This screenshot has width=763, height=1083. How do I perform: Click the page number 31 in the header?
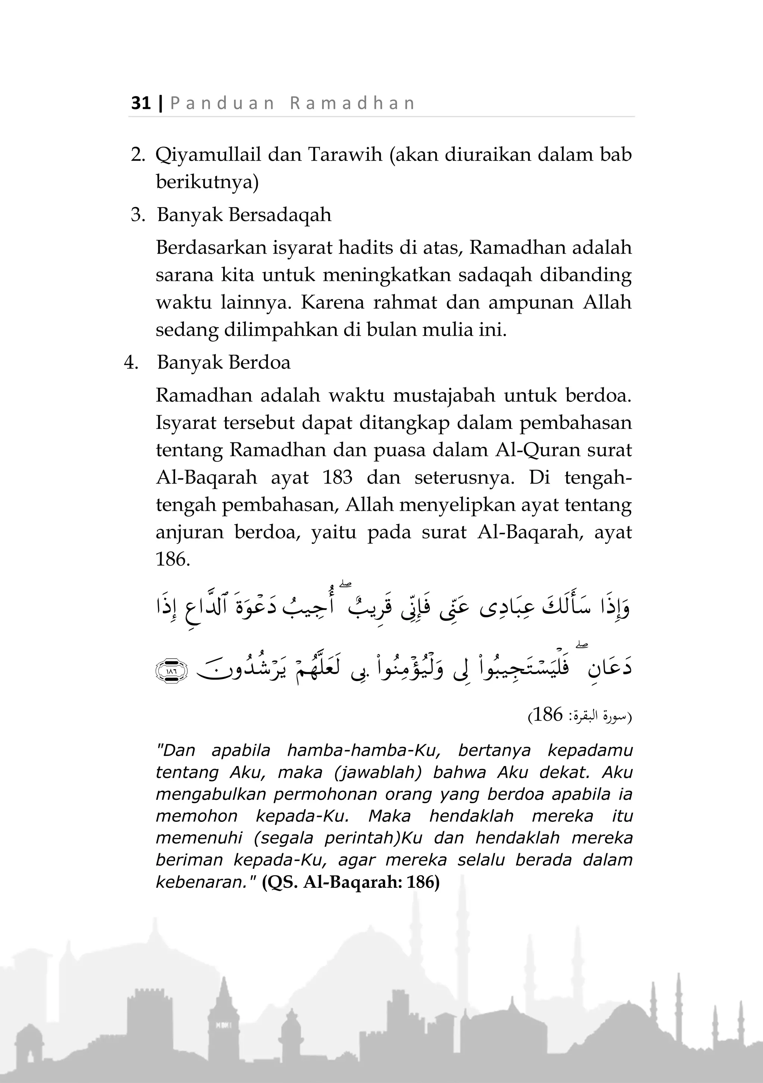click(x=140, y=103)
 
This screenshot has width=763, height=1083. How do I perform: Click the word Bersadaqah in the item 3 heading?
click(x=280, y=215)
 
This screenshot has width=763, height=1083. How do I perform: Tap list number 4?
click(x=131, y=363)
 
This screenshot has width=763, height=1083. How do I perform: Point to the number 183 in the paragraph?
click(x=338, y=477)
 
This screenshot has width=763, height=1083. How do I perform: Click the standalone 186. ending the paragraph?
click(x=172, y=560)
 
